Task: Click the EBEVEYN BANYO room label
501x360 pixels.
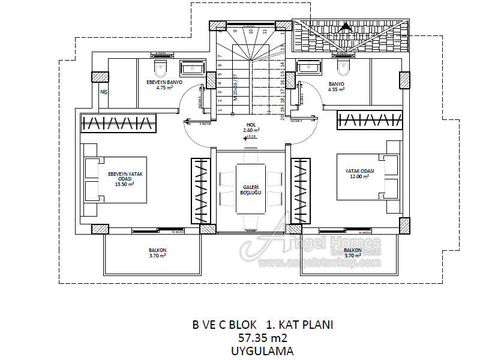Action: pos(164,85)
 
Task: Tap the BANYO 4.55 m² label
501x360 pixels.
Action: pos(336,86)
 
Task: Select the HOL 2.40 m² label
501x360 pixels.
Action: pos(251,127)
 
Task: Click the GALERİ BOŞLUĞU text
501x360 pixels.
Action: pos(251,190)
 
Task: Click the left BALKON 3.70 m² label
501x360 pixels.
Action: pos(157,253)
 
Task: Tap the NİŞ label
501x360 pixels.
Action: pos(103,92)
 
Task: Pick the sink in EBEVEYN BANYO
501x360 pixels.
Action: pos(193,68)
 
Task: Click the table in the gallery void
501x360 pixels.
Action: pos(251,188)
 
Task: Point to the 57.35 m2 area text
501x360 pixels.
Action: pos(262,338)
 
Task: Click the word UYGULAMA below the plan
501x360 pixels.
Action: pos(262,351)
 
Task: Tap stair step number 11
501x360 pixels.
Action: pos(265,31)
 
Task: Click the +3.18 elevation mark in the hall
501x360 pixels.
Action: pos(250,137)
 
